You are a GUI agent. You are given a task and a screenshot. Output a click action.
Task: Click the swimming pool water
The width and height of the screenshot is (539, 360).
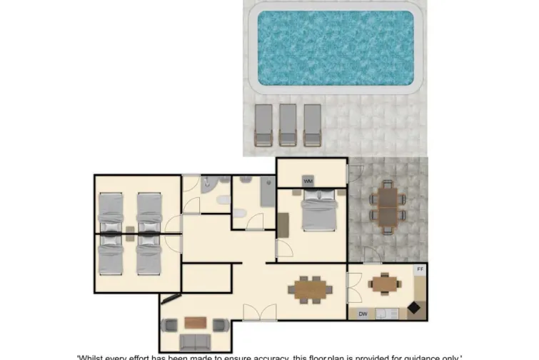tap(336, 48)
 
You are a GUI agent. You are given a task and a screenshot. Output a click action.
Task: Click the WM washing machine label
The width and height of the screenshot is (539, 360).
tap(308, 181)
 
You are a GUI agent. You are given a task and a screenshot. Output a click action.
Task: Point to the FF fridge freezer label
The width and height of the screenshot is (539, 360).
tap(420, 270)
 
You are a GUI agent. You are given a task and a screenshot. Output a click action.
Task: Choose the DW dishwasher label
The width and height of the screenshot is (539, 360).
tap(363, 313)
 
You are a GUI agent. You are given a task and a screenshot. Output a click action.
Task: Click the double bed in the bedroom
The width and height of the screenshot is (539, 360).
tap(318, 211)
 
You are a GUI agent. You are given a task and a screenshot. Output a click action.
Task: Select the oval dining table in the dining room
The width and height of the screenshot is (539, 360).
tap(310, 289)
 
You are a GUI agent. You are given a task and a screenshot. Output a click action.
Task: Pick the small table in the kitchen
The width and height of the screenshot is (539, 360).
tap(383, 284)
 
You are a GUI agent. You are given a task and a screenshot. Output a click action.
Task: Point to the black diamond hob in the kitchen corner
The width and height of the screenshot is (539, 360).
tap(414, 308)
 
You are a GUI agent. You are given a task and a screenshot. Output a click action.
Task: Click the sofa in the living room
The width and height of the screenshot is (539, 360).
tap(195, 342)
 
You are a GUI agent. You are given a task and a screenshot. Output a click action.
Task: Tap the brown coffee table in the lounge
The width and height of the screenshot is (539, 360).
tap(195, 322)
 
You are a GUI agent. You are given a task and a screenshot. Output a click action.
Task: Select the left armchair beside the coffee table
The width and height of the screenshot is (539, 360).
tap(170, 326)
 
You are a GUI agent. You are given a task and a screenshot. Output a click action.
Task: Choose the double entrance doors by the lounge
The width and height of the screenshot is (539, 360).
tap(258, 313)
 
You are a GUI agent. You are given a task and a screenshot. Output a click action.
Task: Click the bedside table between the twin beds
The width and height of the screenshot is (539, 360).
tap(130, 230)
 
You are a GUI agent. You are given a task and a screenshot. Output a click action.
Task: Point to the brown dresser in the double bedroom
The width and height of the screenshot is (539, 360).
tap(283, 224)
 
